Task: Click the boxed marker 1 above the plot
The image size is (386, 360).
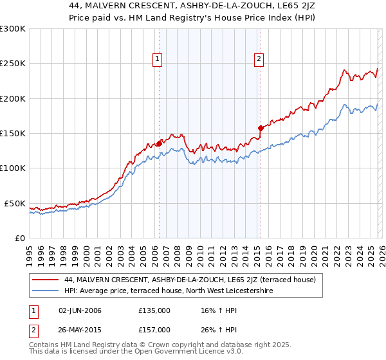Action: tap(158, 59)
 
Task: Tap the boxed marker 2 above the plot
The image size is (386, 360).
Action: tap(259, 59)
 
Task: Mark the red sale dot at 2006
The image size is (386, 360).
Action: tap(159, 144)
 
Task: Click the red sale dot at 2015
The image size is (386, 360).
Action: tap(261, 128)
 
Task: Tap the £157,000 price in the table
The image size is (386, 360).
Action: tap(154, 329)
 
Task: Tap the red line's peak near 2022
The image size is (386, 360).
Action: tap(345, 70)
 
